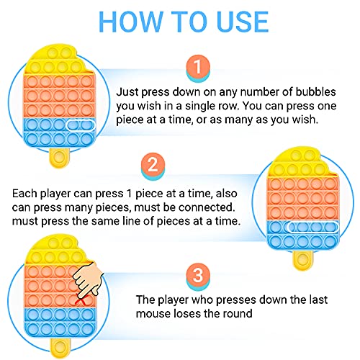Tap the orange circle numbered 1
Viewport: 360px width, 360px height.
198,66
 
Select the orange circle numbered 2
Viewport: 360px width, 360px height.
153,164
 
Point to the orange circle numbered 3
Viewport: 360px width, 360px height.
198,275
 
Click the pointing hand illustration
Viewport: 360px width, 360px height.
89,279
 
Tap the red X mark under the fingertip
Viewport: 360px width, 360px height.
81,300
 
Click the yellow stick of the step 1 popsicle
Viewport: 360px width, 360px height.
59,158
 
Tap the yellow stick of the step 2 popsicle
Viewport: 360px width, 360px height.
303,260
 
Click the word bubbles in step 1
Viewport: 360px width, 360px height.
315,92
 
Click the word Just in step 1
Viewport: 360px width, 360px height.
127,92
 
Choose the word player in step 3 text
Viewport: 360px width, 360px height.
173,300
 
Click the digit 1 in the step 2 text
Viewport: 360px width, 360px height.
130,194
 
